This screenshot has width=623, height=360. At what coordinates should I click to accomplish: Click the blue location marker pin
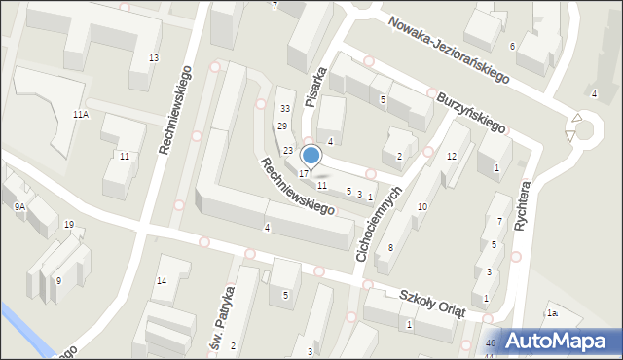(x=311, y=155)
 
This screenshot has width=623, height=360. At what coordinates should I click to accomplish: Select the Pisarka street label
(x=312, y=87)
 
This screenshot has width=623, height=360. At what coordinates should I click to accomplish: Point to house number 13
(x=153, y=58)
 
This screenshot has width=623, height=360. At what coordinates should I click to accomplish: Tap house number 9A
(x=19, y=206)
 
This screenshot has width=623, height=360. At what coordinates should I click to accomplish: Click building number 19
(x=68, y=225)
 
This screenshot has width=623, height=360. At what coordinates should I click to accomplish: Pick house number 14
(x=161, y=281)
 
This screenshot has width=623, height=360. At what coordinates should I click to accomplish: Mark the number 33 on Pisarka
(x=285, y=108)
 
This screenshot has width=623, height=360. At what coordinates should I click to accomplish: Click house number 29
(x=281, y=126)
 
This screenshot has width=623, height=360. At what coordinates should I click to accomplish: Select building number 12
(x=451, y=156)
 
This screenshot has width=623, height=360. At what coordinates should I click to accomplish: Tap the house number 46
(x=491, y=343)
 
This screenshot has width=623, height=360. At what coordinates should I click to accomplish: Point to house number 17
(x=304, y=173)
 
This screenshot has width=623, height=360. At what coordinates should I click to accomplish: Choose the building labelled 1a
(x=552, y=312)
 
